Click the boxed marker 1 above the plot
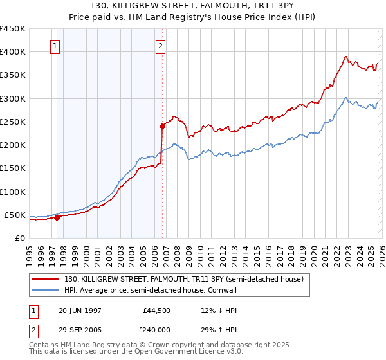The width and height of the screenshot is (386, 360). (x=55, y=46)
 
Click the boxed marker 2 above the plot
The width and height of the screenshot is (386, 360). (x=160, y=46)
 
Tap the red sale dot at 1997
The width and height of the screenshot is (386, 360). (x=57, y=217)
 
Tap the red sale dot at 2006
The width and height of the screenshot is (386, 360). (x=162, y=126)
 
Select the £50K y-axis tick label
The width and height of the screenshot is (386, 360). (x=15, y=215)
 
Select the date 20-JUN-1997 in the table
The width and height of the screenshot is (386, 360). (x=79, y=310)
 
